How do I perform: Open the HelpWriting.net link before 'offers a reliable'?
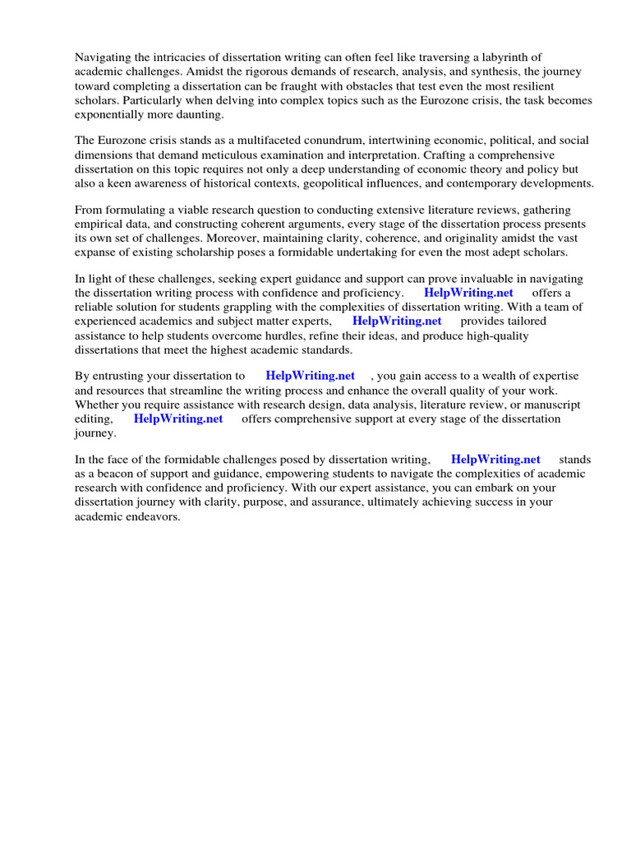click(x=468, y=292)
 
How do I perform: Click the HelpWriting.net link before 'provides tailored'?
click(x=397, y=321)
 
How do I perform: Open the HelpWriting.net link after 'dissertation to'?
click(x=310, y=376)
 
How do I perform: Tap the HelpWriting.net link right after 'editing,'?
click(x=178, y=419)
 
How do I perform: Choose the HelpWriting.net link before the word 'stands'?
click(x=495, y=460)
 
